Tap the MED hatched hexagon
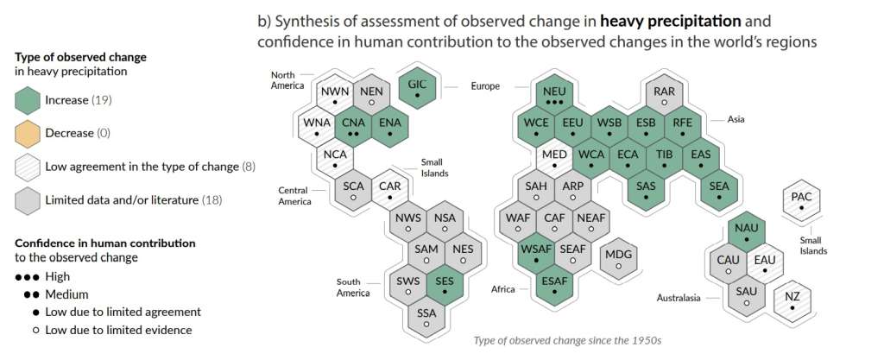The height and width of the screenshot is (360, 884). click(x=555, y=159)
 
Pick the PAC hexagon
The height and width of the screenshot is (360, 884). click(x=801, y=202)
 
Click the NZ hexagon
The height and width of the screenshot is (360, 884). click(x=792, y=300)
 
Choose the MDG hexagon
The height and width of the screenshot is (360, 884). click(x=618, y=259)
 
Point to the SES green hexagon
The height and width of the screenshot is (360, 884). click(x=445, y=285)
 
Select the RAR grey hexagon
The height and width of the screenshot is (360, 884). click(x=665, y=95)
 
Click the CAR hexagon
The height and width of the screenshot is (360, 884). click(x=390, y=190)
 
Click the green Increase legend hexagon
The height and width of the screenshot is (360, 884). click(x=28, y=100)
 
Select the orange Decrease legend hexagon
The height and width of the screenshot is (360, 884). click(x=28, y=134)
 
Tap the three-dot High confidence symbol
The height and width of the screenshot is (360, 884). click(x=28, y=277)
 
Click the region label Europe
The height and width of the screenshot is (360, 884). click(x=485, y=86)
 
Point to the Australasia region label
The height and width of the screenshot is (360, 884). click(x=679, y=298)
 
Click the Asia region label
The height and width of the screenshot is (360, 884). click(x=736, y=119)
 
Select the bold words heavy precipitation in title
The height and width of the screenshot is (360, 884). click(x=670, y=22)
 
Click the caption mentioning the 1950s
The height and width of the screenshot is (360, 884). click(x=568, y=340)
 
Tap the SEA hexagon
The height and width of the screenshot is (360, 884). click(x=719, y=190)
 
